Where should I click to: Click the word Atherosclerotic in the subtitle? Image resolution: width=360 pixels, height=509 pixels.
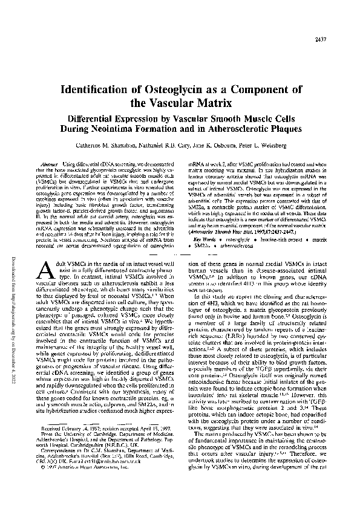221,128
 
